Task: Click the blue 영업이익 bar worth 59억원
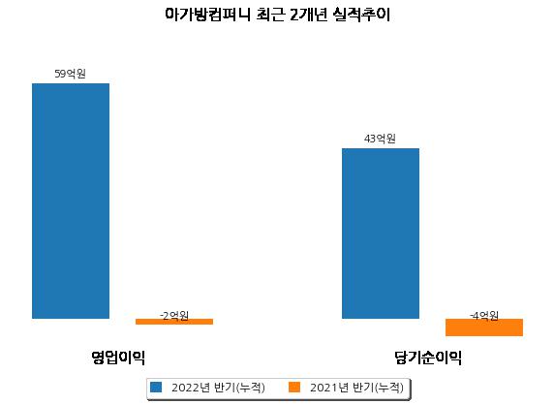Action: click(x=71, y=202)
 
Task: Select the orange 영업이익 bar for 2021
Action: click(x=174, y=322)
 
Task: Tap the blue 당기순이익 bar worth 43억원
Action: click(x=381, y=234)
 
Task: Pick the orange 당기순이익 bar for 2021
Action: click(x=484, y=327)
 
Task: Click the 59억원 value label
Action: click(x=71, y=74)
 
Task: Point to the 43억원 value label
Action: click(x=380, y=139)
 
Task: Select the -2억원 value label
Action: click(x=174, y=315)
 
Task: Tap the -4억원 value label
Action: click(x=484, y=315)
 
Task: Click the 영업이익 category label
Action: click(x=118, y=358)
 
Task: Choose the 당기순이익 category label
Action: click(x=428, y=358)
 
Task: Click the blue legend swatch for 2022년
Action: click(x=156, y=387)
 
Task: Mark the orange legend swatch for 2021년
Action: click(x=294, y=387)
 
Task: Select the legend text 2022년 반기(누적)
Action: click(x=218, y=388)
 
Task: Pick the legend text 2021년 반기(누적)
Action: click(x=356, y=388)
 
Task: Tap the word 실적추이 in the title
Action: click(x=361, y=15)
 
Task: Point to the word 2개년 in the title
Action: click(x=308, y=15)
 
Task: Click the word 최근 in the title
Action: click(x=270, y=15)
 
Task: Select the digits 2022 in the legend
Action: click(x=185, y=388)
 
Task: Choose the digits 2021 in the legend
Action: click(x=323, y=388)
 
